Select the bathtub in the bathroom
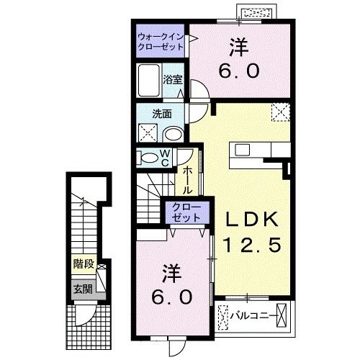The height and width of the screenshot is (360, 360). [149, 80]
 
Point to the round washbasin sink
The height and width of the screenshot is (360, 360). [173, 134]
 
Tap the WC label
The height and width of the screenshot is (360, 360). [164, 157]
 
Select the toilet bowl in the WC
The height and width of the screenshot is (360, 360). [148, 158]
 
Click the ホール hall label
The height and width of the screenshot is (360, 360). [187, 180]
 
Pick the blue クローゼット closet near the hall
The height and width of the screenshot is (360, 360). [187, 212]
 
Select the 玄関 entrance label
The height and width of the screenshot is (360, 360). [81, 289]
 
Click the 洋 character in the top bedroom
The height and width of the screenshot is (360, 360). [240, 48]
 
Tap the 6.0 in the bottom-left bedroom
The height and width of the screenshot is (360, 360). [171, 296]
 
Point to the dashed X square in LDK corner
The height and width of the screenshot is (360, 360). [279, 112]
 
